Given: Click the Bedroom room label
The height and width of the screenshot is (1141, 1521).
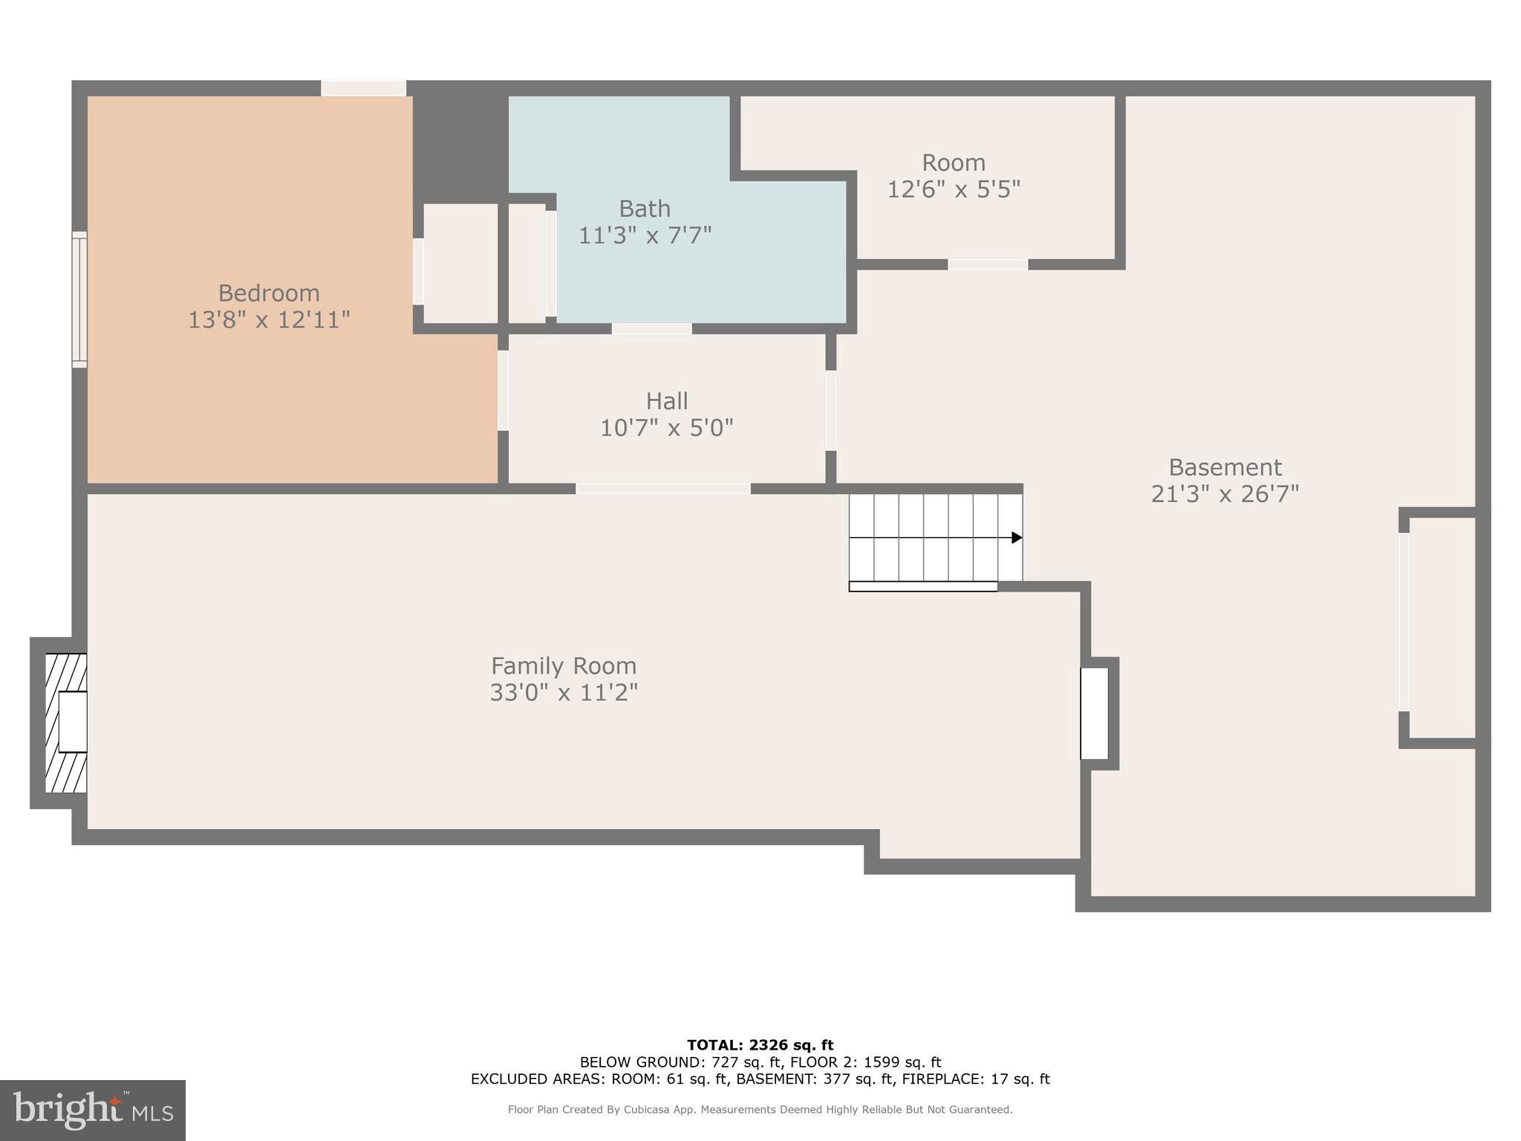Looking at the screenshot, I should tap(268, 293).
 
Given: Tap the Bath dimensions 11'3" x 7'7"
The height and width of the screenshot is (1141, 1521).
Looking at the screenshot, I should tap(645, 235).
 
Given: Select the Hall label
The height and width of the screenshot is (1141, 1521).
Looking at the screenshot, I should tap(666, 401).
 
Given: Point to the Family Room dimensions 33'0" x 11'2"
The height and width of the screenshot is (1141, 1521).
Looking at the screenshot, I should tap(564, 692).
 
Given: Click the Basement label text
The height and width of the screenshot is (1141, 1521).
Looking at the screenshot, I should tap(1225, 467).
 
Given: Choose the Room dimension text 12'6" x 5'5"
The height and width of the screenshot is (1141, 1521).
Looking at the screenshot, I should tap(954, 189).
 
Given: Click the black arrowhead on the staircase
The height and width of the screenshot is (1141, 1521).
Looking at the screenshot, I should tap(1017, 538).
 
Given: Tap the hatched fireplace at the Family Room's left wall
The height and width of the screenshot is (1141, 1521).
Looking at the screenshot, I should tap(65, 723).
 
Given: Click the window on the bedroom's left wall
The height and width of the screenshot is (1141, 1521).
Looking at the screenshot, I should tap(79, 299).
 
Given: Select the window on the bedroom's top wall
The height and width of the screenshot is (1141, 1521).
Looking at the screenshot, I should tap(363, 88).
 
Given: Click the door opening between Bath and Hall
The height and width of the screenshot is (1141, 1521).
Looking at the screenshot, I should tap(651, 328).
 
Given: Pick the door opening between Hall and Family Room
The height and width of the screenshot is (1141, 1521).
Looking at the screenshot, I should tap(662, 489).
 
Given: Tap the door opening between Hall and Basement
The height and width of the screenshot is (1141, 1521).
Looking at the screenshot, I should tap(831, 410).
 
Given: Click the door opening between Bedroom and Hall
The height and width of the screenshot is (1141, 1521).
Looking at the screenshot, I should tap(503, 391).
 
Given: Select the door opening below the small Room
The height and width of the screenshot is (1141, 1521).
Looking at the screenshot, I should tap(988, 264).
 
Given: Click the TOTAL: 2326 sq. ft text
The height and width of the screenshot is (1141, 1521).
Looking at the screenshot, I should tap(760, 1045).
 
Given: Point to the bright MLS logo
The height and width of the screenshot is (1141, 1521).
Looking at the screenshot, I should tap(93, 1111).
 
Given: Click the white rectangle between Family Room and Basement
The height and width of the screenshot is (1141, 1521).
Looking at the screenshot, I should tap(1094, 713).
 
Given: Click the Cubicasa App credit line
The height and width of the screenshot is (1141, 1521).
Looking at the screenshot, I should tap(760, 1110).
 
